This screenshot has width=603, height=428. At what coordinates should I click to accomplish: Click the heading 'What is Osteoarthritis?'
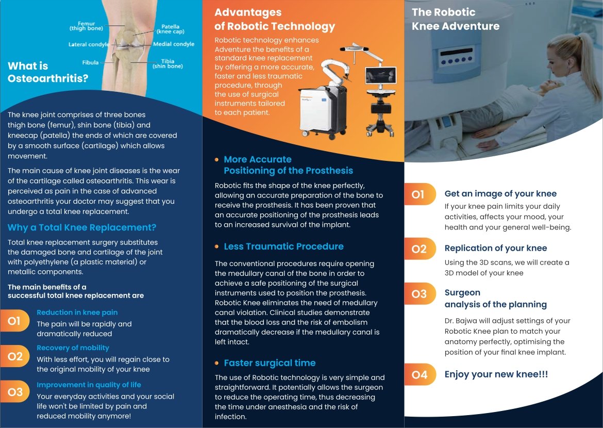pyautogui.click(x=48, y=72)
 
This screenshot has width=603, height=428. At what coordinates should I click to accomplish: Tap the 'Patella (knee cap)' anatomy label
pyautogui.click(x=170, y=29)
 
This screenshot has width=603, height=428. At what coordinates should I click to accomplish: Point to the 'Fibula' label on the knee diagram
pyautogui.click(x=90, y=62)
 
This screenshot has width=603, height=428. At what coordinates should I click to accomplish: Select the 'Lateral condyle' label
pyautogui.click(x=89, y=44)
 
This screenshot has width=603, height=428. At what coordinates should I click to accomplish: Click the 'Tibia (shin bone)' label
pyautogui.click(x=167, y=64)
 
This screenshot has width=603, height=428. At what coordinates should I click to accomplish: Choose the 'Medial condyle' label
pyautogui.click(x=174, y=44)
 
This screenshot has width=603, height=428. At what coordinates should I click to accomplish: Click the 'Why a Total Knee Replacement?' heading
pyautogui.click(x=82, y=228)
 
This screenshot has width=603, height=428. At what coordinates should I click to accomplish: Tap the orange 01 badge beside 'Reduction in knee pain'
pyautogui.click(x=14, y=321)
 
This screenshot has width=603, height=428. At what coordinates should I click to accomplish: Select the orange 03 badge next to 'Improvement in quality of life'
pyautogui.click(x=15, y=392)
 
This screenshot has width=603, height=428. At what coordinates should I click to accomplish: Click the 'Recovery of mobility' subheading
pyautogui.click(x=73, y=348)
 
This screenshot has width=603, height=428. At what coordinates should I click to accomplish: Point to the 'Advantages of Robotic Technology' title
pyautogui.click(x=274, y=20)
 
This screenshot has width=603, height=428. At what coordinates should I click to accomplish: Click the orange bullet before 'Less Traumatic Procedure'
pyautogui.click(x=217, y=247)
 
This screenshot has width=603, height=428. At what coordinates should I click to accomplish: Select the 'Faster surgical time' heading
pyautogui.click(x=269, y=363)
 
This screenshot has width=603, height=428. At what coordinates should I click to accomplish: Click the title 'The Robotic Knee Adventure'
pyautogui.click(x=455, y=20)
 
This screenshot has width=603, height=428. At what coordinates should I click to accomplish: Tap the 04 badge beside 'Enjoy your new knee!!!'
pyautogui.click(x=420, y=375)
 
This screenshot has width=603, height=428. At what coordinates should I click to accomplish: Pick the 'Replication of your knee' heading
pyautogui.click(x=495, y=248)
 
